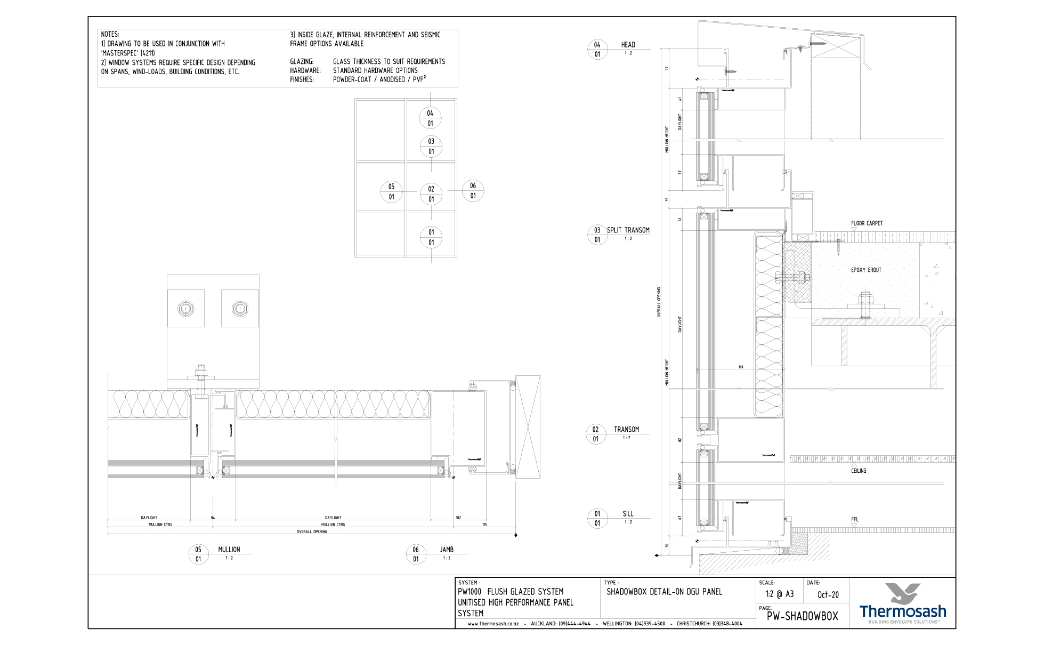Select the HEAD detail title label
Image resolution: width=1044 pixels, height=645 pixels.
tap(628, 45)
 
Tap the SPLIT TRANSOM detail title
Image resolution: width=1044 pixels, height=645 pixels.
tap(628, 230)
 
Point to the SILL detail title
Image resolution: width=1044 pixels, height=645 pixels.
tap(628, 514)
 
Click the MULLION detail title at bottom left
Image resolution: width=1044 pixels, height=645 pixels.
tap(229, 550)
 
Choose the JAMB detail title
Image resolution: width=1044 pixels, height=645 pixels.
tap(447, 550)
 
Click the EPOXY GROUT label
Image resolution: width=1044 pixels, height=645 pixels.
tap(866, 270)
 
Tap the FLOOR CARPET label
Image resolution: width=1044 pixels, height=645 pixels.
tap(867, 223)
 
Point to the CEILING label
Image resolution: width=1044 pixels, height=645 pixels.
tap(859, 471)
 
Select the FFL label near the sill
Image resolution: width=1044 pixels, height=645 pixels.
tap(855, 519)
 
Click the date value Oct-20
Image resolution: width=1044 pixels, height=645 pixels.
tap(828, 595)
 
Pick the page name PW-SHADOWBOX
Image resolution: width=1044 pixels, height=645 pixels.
tap(802, 617)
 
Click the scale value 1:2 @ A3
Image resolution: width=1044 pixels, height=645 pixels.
tap(779, 594)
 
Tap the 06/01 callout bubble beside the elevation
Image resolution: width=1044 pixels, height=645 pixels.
tap(473, 191)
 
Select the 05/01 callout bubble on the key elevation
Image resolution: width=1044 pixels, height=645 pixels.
tap(391, 192)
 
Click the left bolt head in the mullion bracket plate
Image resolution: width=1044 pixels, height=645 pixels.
tap(186, 309)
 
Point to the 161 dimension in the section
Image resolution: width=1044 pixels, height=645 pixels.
tap(741, 367)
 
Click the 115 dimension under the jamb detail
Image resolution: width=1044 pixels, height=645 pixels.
tap(484, 525)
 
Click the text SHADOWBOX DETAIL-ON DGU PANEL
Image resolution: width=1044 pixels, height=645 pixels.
tap(664, 592)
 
